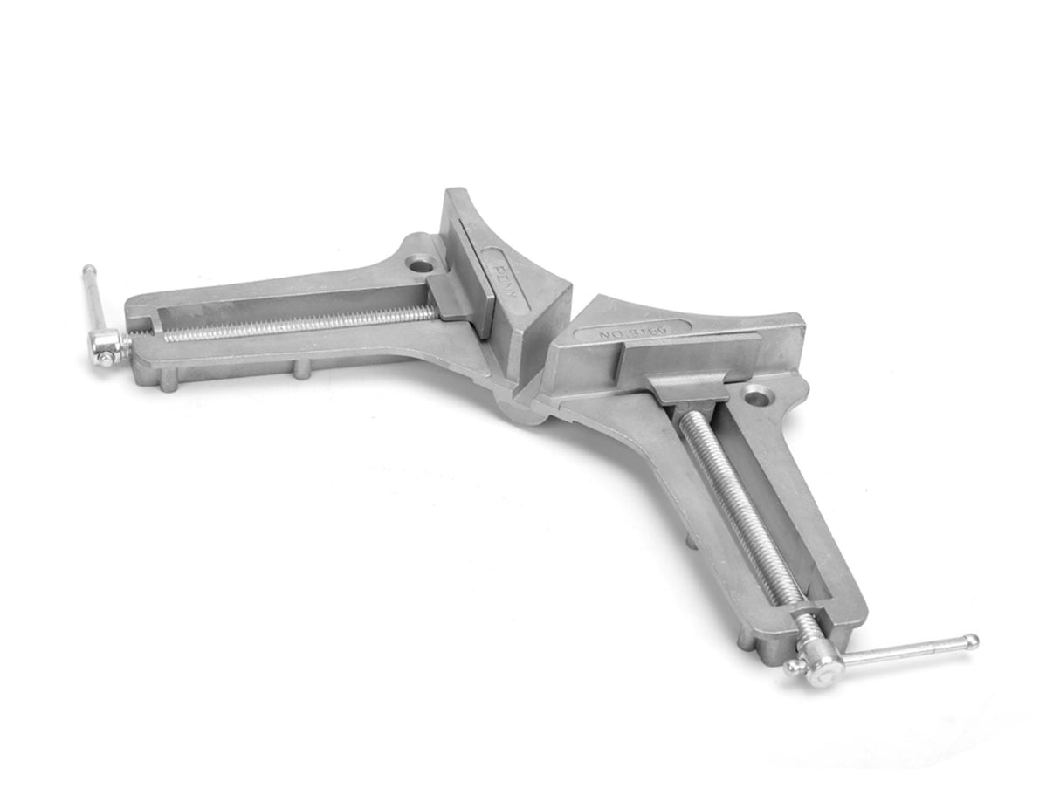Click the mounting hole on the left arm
pyautogui.click(x=421, y=261)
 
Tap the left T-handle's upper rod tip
pyautogui.click(x=88, y=271)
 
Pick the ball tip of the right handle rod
pyautogui.click(x=972, y=641)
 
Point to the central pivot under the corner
pyautogui.click(x=524, y=410)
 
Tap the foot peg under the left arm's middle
pyautogui.click(x=301, y=370)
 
